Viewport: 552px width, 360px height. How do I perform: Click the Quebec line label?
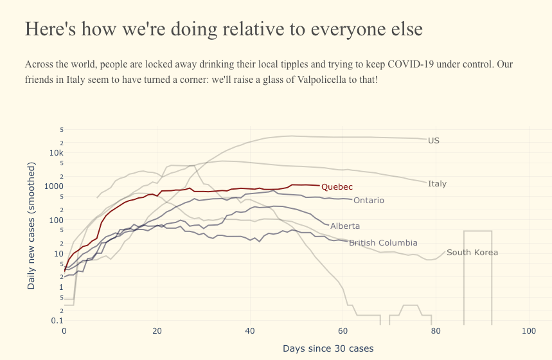pyautogui.click(x=337, y=187)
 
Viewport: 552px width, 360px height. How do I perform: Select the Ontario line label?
pyautogui.click(x=368, y=201)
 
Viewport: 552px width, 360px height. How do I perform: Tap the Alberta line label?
pyautogui.click(x=344, y=226)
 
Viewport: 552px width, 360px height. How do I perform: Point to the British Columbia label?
pyautogui.click(x=383, y=243)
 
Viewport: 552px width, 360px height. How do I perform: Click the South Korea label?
pyautogui.click(x=472, y=253)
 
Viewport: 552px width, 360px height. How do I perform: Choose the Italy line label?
pyautogui.click(x=437, y=184)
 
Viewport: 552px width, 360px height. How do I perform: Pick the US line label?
pyautogui.click(x=433, y=140)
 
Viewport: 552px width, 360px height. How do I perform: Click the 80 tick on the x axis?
pyautogui.click(x=436, y=331)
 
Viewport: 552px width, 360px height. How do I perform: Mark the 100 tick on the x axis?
pyautogui.click(x=529, y=331)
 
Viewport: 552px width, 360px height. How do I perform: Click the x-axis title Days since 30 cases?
pyautogui.click(x=328, y=348)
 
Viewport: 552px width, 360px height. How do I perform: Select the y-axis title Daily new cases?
pyautogui.click(x=31, y=225)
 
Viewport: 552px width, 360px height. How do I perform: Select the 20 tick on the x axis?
pyautogui.click(x=157, y=331)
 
